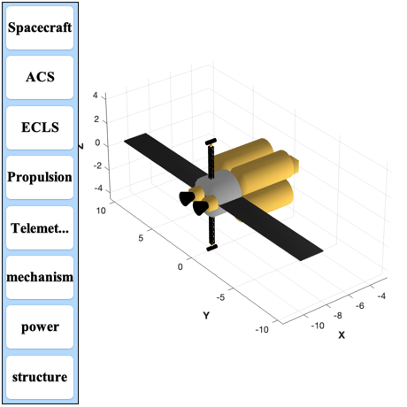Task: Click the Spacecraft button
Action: pyautogui.click(x=40, y=27)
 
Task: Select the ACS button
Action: pyautogui.click(x=40, y=78)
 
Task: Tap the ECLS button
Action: pyautogui.click(x=40, y=127)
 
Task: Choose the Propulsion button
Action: pyautogui.click(x=40, y=177)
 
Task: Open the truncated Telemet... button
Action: pyautogui.click(x=40, y=227)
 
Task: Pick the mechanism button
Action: pyautogui.click(x=40, y=277)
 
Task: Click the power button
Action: pyautogui.click(x=40, y=326)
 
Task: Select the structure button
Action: pyautogui.click(x=40, y=377)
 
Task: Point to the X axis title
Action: pyautogui.click(x=342, y=335)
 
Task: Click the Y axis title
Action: pyautogui.click(x=206, y=316)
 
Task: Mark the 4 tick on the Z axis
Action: pyautogui.click(x=95, y=96)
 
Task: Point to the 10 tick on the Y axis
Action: pyautogui.click(x=101, y=211)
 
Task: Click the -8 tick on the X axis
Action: pyautogui.click(x=338, y=316)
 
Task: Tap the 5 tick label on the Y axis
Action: pyautogui.click(x=141, y=238)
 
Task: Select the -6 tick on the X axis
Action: pyautogui.click(x=360, y=306)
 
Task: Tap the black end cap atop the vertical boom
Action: pyautogui.click(x=211, y=142)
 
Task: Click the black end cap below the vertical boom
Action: pyautogui.click(x=212, y=248)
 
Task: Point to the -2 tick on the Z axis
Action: pyautogui.click(x=97, y=165)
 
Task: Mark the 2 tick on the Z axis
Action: pyautogui.click(x=96, y=119)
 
